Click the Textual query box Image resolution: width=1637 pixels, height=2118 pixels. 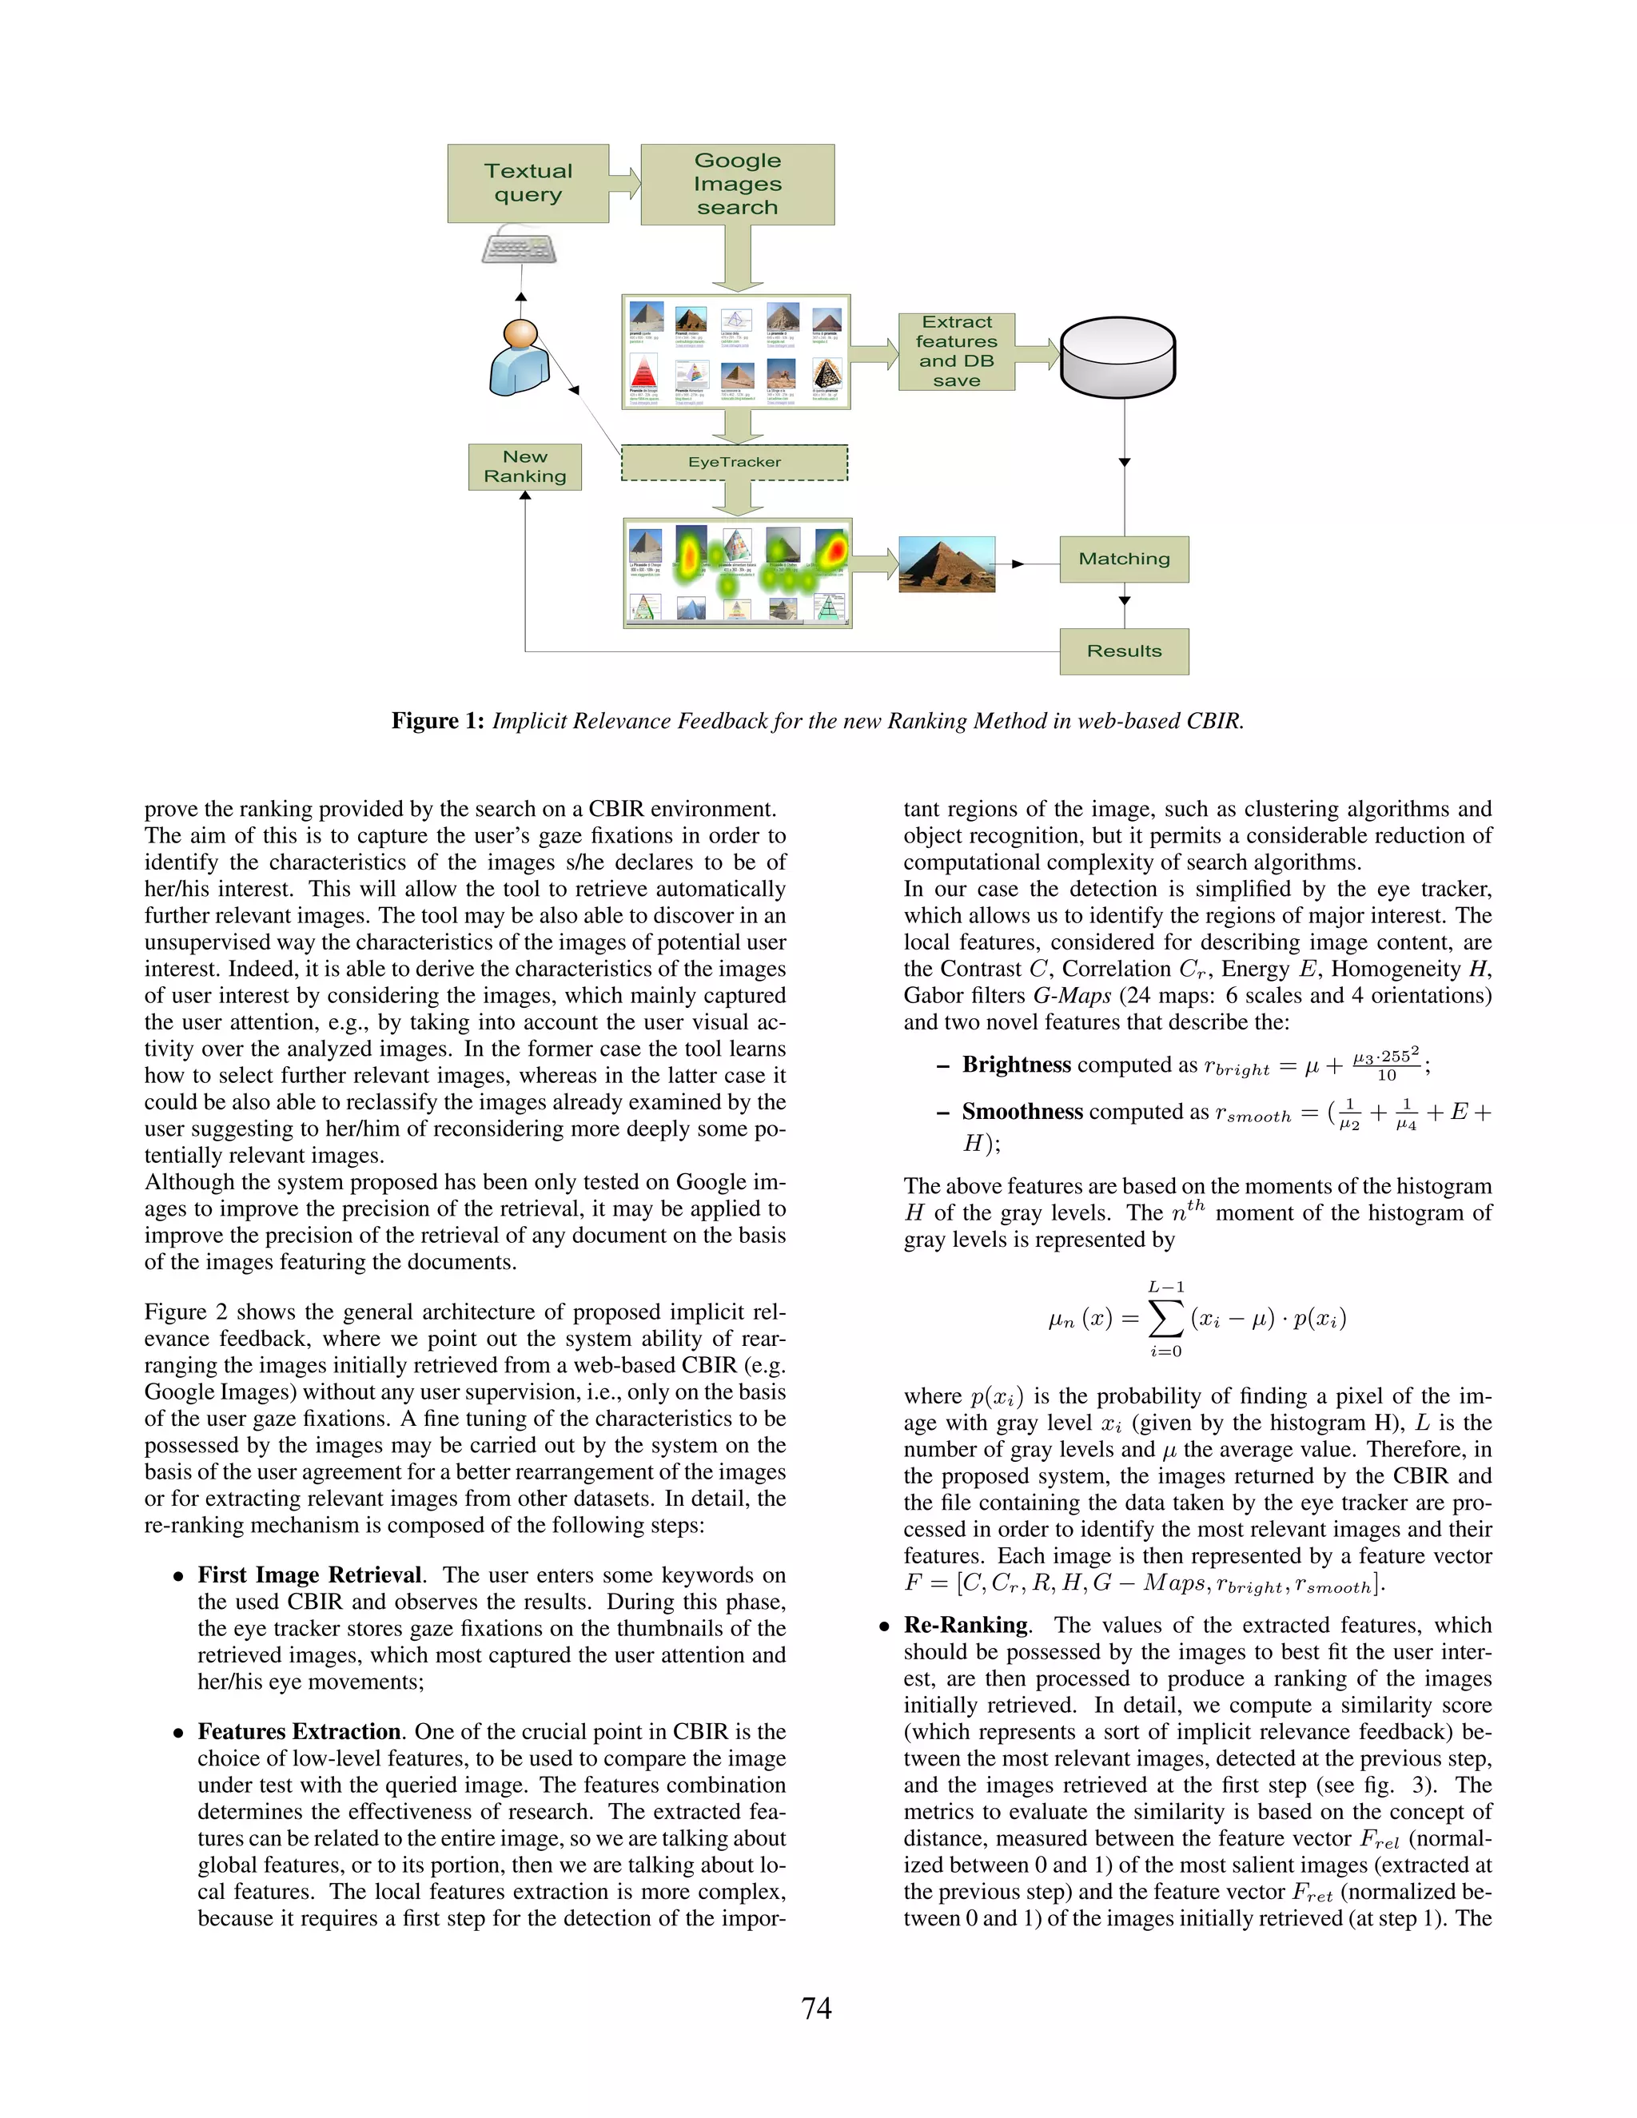pos(528,183)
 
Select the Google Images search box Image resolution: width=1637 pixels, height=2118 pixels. pos(737,185)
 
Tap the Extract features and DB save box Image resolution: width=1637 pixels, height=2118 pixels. pos(956,351)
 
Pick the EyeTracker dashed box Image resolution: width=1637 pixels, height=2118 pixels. pos(734,463)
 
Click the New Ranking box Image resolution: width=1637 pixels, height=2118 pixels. pos(524,467)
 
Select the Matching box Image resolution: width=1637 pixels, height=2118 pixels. pos(1124,559)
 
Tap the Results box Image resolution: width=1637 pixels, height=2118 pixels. pos(1124,651)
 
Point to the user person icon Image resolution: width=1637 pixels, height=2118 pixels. pos(519,358)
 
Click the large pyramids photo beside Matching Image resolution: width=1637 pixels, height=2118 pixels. pos(946,563)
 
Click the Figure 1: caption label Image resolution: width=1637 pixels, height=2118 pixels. pos(437,721)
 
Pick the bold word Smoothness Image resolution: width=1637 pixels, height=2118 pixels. pos(1022,1112)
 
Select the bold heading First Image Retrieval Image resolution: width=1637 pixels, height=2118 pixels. pos(309,1575)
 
